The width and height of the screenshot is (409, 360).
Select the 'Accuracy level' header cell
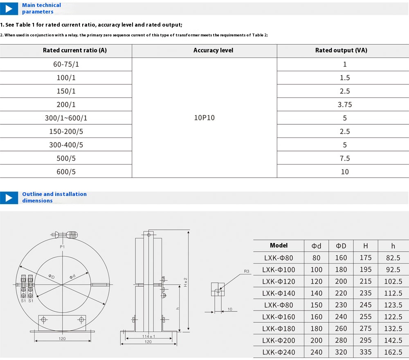213,50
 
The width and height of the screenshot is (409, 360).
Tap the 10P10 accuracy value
204,118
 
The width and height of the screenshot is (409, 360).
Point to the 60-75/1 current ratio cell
66,64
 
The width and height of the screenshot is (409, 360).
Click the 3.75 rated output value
344,105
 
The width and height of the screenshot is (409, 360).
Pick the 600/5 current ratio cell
66,172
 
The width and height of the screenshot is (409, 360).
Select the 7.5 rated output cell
344,158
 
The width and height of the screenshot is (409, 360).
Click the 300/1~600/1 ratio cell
66,118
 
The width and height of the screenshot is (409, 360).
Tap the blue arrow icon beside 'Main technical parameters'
9,9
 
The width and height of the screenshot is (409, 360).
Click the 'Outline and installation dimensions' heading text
54,197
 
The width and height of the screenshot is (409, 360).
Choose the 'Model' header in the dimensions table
279,245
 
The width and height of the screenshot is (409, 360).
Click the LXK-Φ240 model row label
279,352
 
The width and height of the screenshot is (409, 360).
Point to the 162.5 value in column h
393,352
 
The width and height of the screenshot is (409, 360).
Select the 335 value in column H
365,352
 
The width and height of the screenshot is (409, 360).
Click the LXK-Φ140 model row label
279,293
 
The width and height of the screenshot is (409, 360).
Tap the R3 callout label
246,271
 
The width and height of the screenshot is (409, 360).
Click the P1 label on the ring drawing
62,247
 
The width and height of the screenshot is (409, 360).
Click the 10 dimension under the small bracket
230,309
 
